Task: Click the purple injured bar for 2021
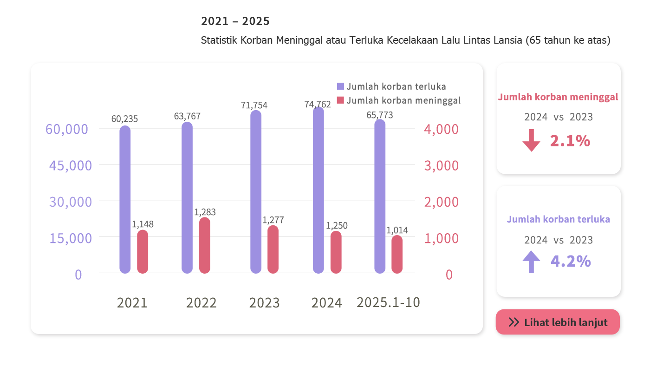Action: pyautogui.click(x=125, y=200)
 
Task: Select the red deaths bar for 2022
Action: pyautogui.click(x=205, y=245)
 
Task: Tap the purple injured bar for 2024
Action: pyautogui.click(x=318, y=190)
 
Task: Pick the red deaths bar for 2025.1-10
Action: pyautogui.click(x=397, y=255)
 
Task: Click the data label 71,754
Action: pyautogui.click(x=254, y=105)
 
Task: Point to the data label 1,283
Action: pyautogui.click(x=205, y=212)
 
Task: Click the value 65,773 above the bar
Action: pyautogui.click(x=380, y=115)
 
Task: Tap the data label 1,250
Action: pyautogui.click(x=337, y=226)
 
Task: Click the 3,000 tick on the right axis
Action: pyautogui.click(x=441, y=165)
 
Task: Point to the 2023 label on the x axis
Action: pyautogui.click(x=264, y=303)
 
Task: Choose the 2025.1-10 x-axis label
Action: pyautogui.click(x=388, y=302)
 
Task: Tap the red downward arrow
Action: pyautogui.click(x=532, y=141)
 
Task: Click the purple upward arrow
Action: pyautogui.click(x=532, y=262)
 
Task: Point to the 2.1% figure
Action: pyautogui.click(x=570, y=141)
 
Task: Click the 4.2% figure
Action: pyautogui.click(x=571, y=262)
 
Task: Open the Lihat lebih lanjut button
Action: pyautogui.click(x=558, y=322)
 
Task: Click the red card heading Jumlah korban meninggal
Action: pyautogui.click(x=558, y=98)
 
